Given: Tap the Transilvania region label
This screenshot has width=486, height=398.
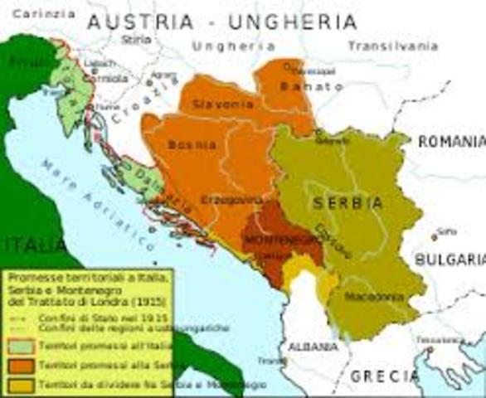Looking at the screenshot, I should (x=391, y=46).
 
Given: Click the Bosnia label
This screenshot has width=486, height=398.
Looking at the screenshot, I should (x=192, y=144).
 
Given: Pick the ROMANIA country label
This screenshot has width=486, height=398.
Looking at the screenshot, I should (x=450, y=142).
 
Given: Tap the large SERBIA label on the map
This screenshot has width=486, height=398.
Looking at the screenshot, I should (x=347, y=202).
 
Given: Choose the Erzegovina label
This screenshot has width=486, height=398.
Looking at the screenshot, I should (x=232, y=200).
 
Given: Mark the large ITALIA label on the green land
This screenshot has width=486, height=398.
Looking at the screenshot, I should (x=32, y=245).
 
